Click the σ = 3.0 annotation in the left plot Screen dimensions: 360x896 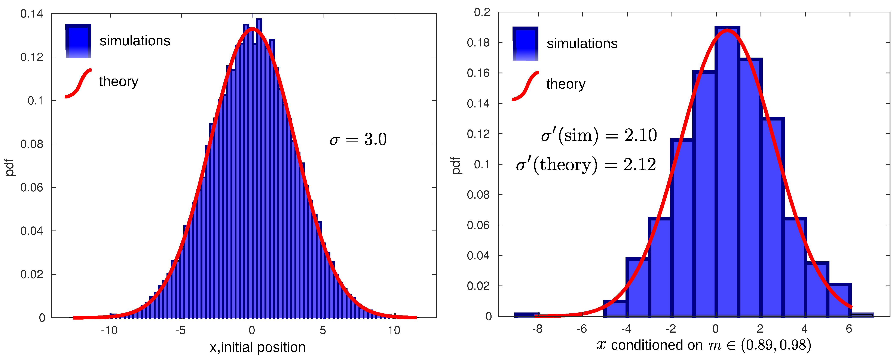pyautogui.click(x=358, y=140)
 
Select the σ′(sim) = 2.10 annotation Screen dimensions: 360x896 pyautogui.click(x=599, y=135)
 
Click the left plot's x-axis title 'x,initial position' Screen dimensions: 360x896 pyautogui.click(x=257, y=347)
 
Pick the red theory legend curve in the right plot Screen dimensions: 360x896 pyautogui.click(x=525, y=86)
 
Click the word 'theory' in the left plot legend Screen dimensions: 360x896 pyautogui.click(x=119, y=81)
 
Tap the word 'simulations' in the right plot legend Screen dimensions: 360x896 pyautogui.click(x=582, y=43)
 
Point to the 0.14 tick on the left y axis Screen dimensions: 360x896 pyautogui.click(x=32, y=14)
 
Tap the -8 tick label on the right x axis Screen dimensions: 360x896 pyautogui.click(x=537, y=329)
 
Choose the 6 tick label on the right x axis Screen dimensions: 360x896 pyautogui.click(x=849, y=329)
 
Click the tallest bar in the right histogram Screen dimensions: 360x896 pyautogui.click(x=727, y=174)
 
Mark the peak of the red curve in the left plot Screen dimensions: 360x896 pyautogui.click(x=253, y=29)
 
